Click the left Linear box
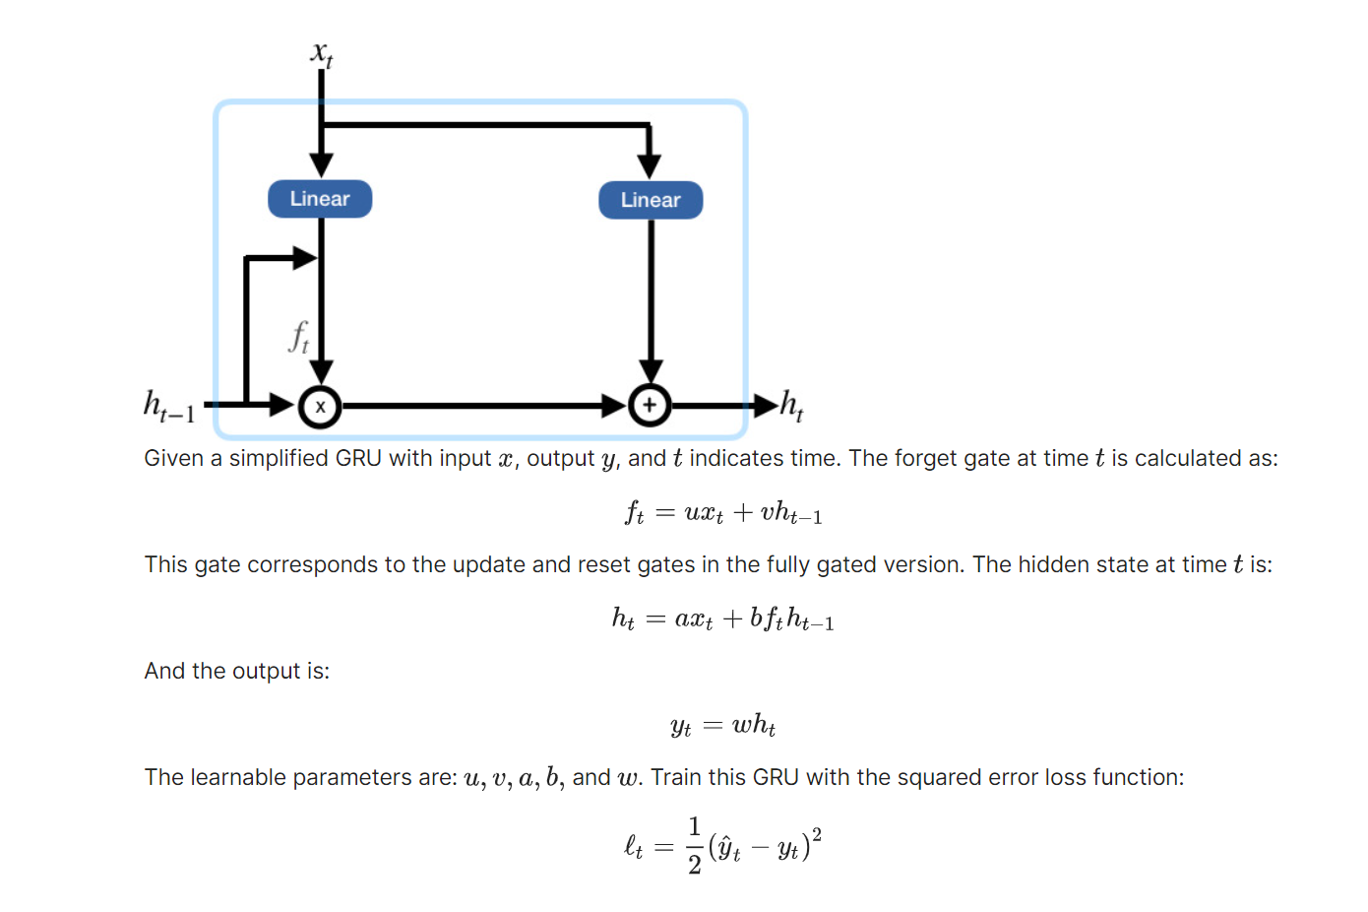(x=320, y=199)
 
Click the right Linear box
(x=651, y=200)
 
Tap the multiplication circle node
(x=320, y=406)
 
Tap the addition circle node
(x=650, y=405)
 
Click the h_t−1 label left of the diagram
(x=169, y=406)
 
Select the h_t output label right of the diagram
(x=792, y=405)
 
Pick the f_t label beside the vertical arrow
(x=298, y=337)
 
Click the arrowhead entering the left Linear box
(x=321, y=164)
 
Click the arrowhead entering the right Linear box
(x=650, y=165)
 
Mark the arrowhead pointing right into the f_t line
(x=305, y=258)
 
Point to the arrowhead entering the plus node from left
(x=614, y=405)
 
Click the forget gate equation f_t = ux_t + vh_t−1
(x=723, y=512)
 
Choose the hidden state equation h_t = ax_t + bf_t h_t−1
(x=723, y=619)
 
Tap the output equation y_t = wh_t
(x=723, y=726)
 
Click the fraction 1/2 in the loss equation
(x=694, y=845)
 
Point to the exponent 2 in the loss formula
(x=817, y=834)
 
